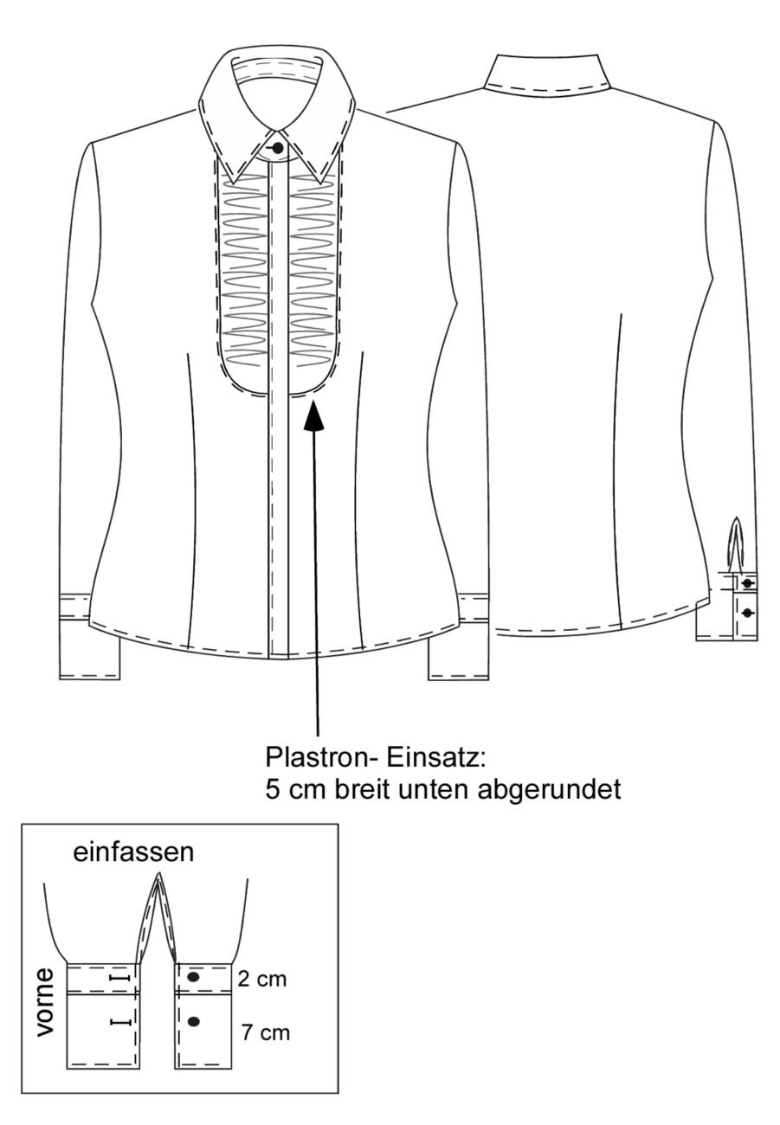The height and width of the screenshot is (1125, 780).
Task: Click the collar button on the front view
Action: [x=277, y=148]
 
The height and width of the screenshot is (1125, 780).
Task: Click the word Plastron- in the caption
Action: [x=318, y=758]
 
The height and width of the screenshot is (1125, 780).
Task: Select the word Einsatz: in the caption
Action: [x=436, y=758]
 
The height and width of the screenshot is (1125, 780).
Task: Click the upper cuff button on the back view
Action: [x=747, y=583]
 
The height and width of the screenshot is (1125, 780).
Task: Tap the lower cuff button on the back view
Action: [x=747, y=612]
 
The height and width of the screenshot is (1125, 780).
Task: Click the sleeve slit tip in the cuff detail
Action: [x=158, y=874]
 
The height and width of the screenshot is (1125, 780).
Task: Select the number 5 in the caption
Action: [x=272, y=790]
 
